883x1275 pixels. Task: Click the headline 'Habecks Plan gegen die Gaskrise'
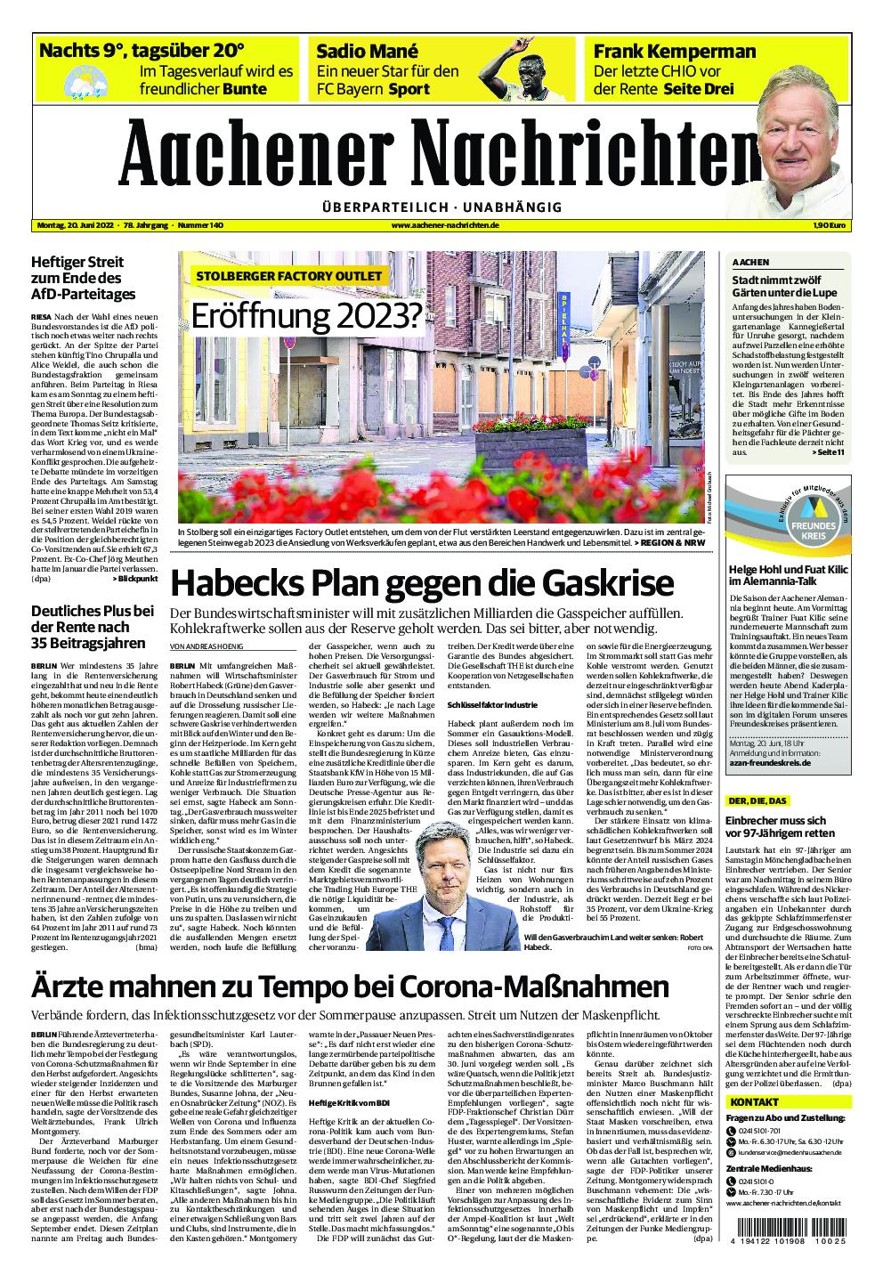click(422, 583)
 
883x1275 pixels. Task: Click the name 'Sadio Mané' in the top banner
click(368, 51)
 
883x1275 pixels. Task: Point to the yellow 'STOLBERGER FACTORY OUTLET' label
click(289, 276)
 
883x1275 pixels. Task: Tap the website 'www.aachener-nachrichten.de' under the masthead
click(444, 225)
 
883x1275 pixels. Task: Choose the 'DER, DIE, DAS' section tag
click(757, 800)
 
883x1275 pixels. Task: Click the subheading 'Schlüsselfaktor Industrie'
click(492, 704)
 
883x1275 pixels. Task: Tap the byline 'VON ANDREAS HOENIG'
click(206, 646)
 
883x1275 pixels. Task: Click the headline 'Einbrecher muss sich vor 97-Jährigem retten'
click(776, 826)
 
